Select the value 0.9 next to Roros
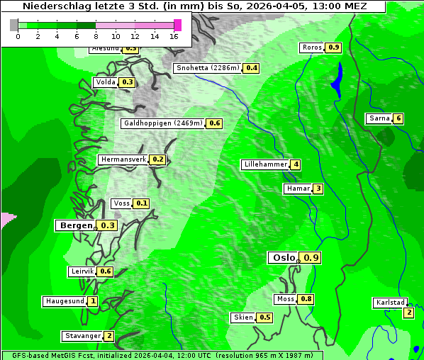pyautogui.click(x=333, y=47)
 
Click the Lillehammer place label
pyautogui.click(x=265, y=164)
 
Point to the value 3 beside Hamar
pyautogui.click(x=318, y=189)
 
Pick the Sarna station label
pyautogui.click(x=379, y=118)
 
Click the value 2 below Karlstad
pyautogui.click(x=408, y=313)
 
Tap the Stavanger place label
pyautogui.click(x=82, y=336)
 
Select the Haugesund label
pyautogui.click(x=65, y=301)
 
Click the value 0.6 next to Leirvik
pyautogui.click(x=106, y=271)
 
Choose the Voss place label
pyautogui.click(x=121, y=203)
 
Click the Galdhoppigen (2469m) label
pyautogui.click(x=163, y=123)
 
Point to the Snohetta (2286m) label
pyautogui.click(x=208, y=68)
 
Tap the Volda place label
pyautogui.click(x=105, y=82)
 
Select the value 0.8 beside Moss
pyautogui.click(x=306, y=299)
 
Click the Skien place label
pyautogui.click(x=242, y=317)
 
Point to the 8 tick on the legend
pyautogui.click(x=96, y=35)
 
